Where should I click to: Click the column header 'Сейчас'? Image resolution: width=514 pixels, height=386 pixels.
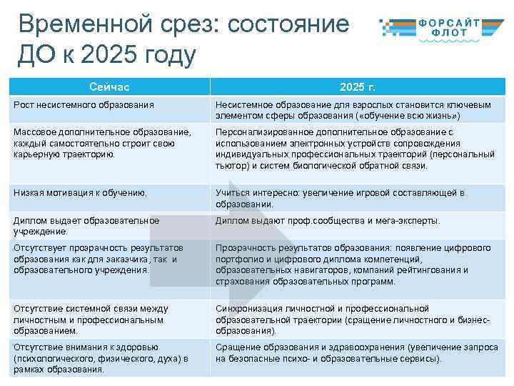tap(109, 86)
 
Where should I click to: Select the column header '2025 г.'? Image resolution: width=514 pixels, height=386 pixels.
tap(357, 86)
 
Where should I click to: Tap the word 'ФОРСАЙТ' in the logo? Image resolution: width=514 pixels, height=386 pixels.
tap(459, 23)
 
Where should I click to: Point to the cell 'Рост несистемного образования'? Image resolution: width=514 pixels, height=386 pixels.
tap(84, 105)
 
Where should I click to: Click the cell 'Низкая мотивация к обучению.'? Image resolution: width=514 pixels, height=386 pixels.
tap(80, 192)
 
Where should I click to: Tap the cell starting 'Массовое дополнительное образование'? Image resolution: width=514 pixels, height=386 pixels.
tap(103, 143)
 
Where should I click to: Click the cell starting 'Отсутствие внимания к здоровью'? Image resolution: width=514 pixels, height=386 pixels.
tap(101, 358)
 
